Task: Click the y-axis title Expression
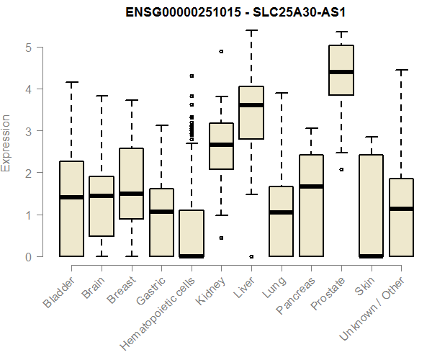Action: click(x=6, y=143)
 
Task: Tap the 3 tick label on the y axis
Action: click(x=30, y=131)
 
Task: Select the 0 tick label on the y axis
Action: click(x=30, y=256)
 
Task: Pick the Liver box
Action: click(x=251, y=112)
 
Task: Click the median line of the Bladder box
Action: click(x=71, y=197)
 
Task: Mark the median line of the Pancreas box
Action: click(x=311, y=186)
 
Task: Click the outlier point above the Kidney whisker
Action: click(x=221, y=52)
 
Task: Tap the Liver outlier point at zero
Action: click(x=251, y=256)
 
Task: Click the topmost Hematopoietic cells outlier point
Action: click(x=192, y=76)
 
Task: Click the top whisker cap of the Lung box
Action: click(x=282, y=93)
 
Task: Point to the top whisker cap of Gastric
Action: click(x=161, y=125)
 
